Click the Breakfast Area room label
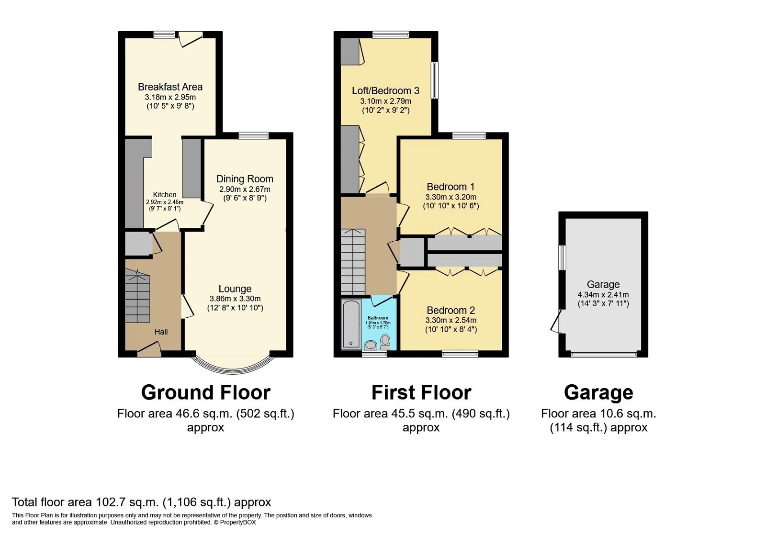170,87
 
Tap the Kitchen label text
164,195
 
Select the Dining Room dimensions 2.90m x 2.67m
245,190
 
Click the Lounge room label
235,289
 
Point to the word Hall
161,332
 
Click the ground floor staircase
137,297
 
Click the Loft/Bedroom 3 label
385,91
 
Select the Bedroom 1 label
451,187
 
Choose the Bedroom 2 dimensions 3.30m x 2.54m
451,320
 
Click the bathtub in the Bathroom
351,324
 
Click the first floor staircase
353,262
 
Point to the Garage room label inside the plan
603,284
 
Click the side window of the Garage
563,257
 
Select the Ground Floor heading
205,392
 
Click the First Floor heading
421,392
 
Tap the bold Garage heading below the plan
598,392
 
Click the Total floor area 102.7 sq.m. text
141,502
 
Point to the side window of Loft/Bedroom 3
434,80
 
